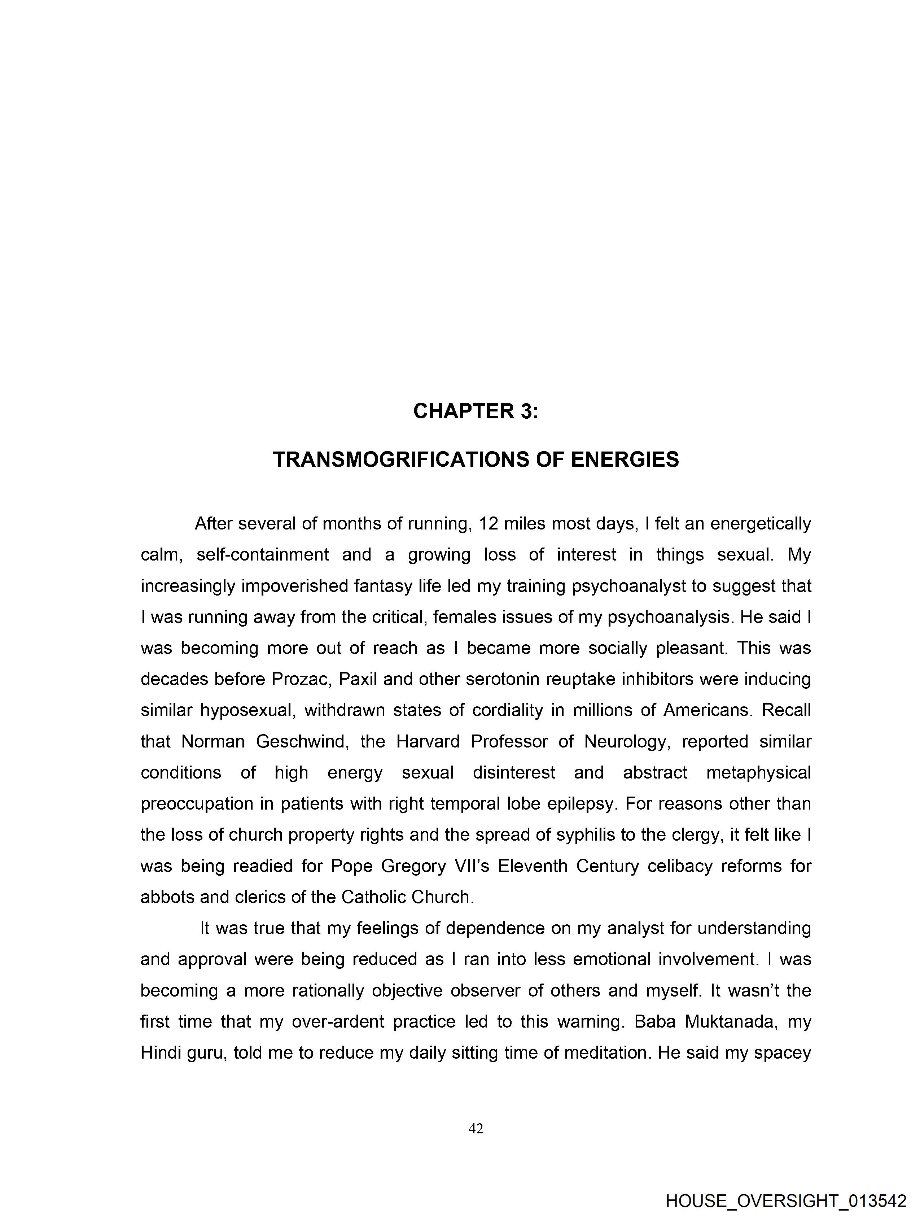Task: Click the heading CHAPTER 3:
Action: coord(476,411)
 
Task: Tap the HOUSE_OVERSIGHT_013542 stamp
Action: coord(786,1201)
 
